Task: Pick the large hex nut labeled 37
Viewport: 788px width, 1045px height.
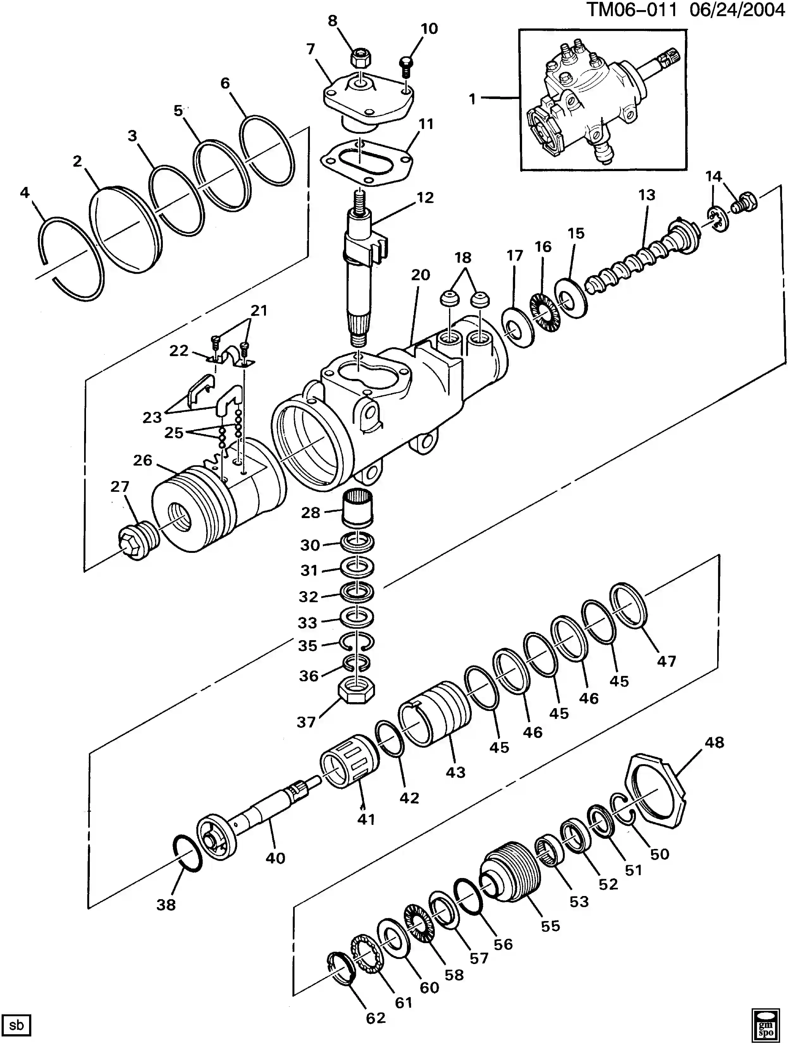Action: [357, 693]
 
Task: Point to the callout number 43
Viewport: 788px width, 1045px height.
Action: [455, 772]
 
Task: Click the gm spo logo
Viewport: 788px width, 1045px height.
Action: [765, 1024]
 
